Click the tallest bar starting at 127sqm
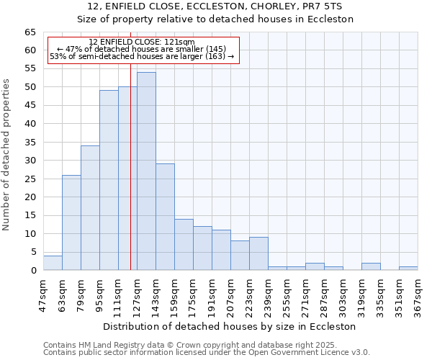click(146, 171)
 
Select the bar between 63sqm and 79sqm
click(71, 222)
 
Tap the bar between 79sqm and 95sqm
click(90, 208)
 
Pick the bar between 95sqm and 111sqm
click(109, 180)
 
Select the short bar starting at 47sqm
click(53, 264)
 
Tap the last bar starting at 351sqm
click(408, 269)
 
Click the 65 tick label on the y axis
click(30, 32)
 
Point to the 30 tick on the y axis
click(30, 161)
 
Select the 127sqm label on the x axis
click(138, 293)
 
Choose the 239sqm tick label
click(269, 293)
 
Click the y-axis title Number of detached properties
click(7, 155)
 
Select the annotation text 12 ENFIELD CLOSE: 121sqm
click(142, 42)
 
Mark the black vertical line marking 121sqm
click(130, 180)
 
